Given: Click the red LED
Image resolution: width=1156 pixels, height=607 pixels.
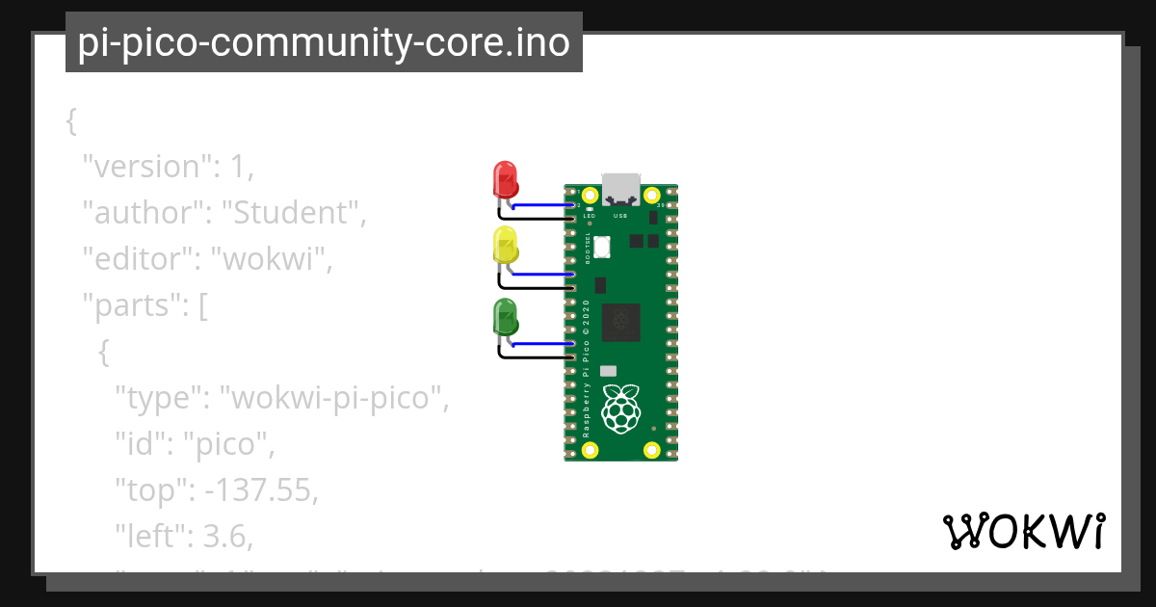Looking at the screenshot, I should point(505,179).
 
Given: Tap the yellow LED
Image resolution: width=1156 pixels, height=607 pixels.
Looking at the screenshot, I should point(505,246).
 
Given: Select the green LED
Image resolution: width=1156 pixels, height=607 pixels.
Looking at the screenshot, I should point(505,317).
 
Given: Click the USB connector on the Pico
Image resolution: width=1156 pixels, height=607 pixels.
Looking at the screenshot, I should point(621,189).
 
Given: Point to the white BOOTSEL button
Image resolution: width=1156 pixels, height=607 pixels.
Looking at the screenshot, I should point(602,246).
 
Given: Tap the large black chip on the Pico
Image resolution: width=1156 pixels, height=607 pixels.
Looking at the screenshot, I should point(621,323).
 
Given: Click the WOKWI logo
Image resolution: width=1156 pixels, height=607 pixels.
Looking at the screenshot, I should point(1022,531).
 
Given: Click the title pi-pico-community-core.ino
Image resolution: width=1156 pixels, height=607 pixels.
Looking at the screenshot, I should point(324,43).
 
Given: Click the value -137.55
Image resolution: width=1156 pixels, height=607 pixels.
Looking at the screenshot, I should point(257,491).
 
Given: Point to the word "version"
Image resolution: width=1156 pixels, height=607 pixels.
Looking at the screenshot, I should point(146,167).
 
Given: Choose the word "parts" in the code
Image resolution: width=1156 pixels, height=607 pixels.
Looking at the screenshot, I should point(134,305).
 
